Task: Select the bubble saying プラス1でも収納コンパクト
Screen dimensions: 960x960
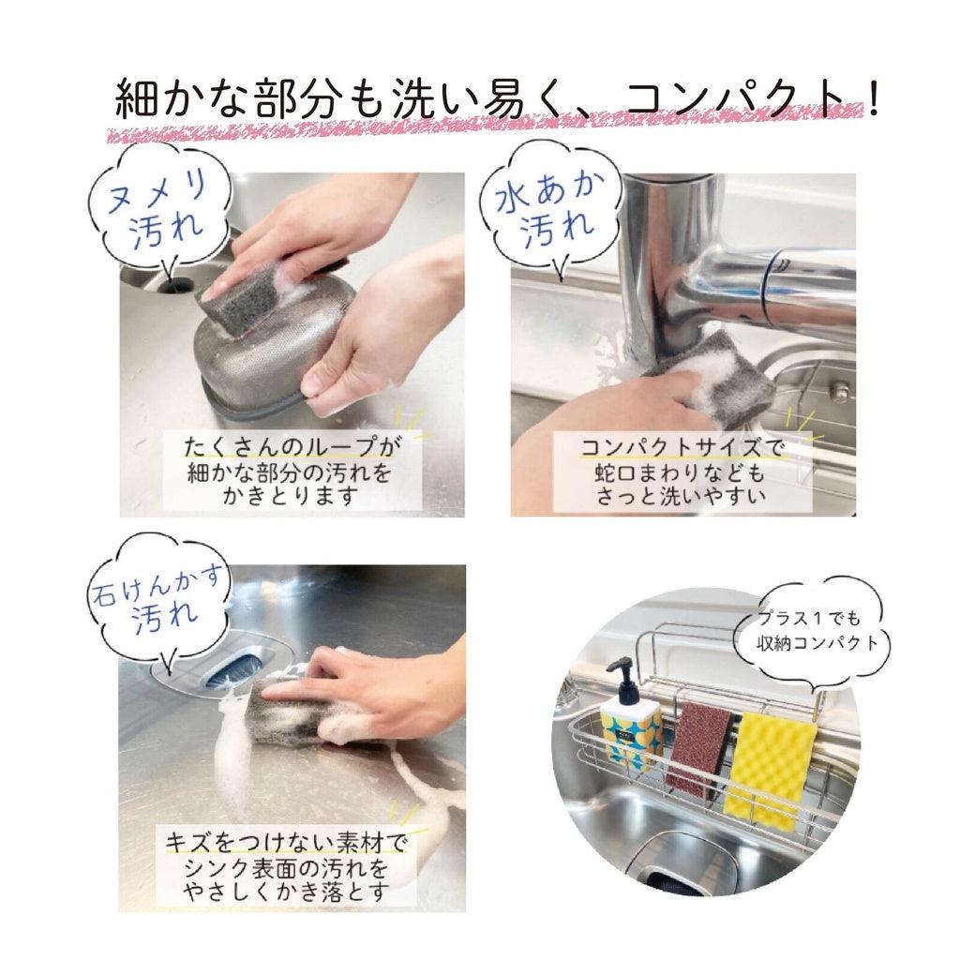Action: pyautogui.click(x=820, y=631)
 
